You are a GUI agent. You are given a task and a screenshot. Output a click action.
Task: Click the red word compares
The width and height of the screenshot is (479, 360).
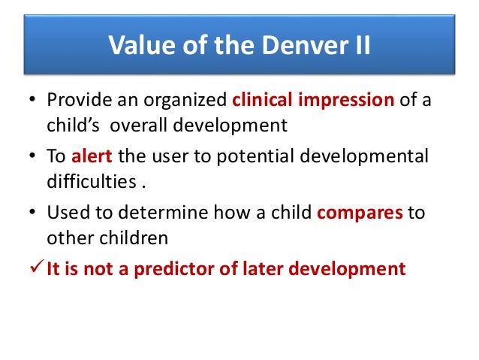coord(360,213)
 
